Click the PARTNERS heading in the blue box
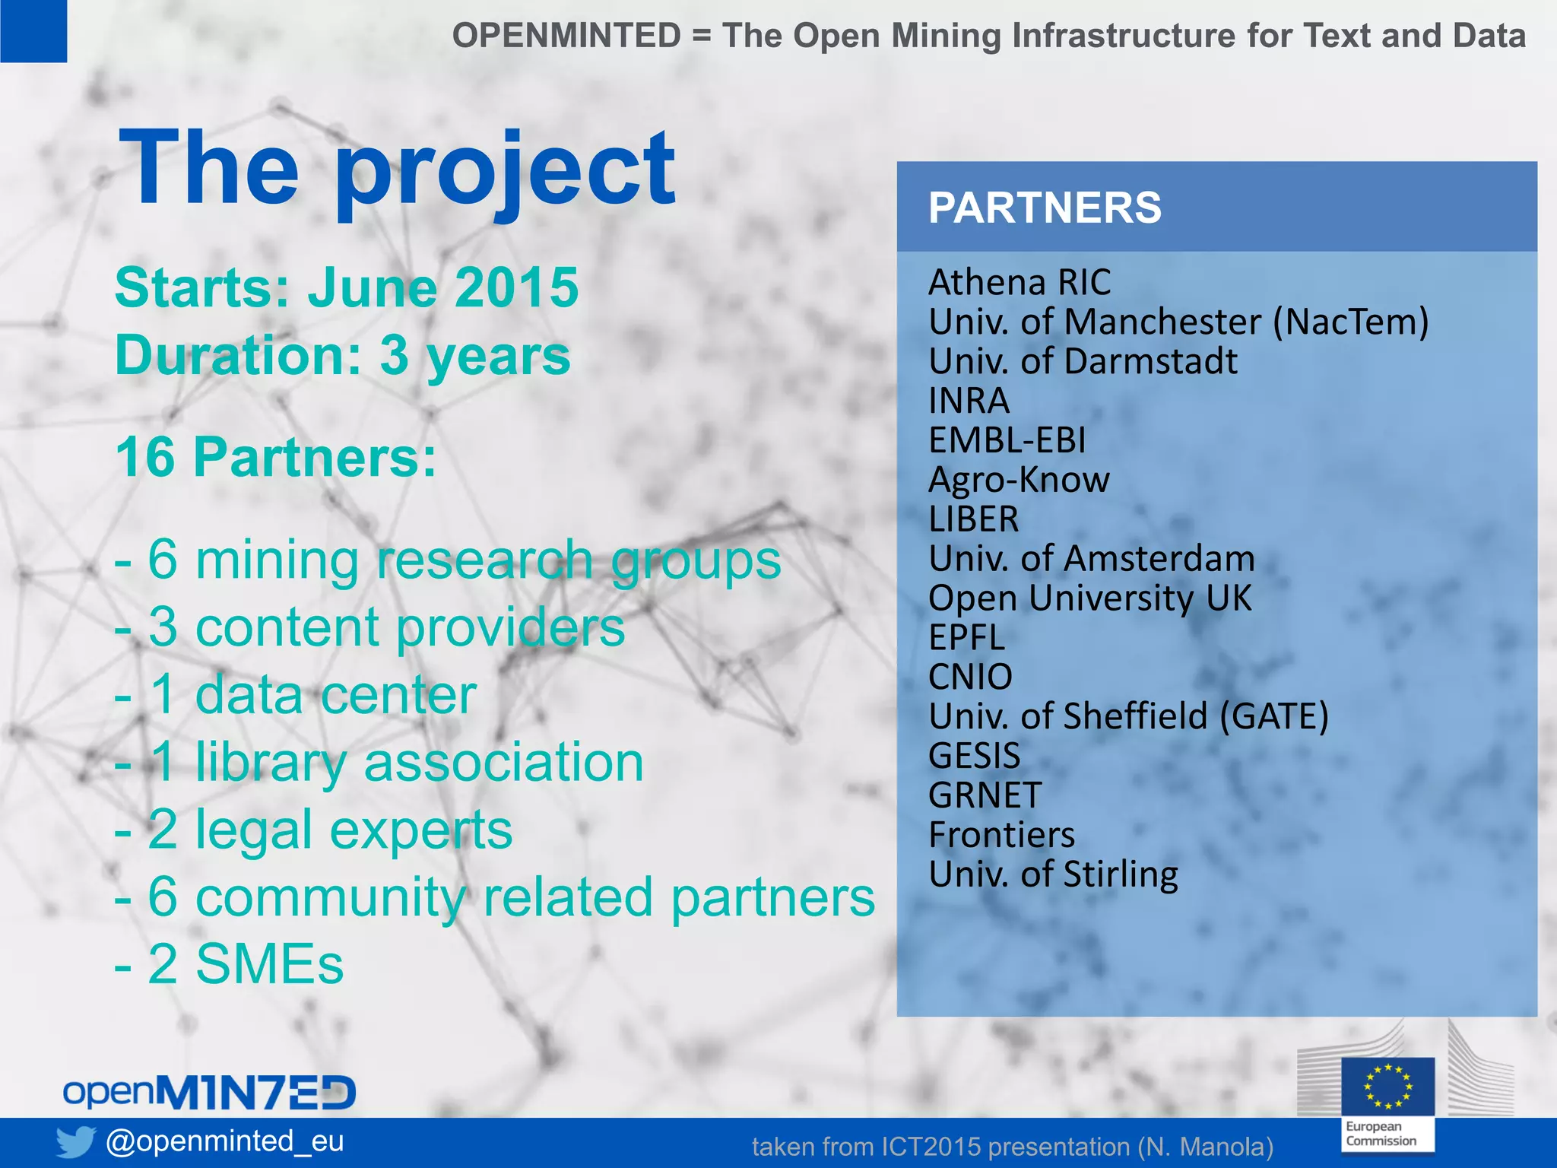pos(1045,208)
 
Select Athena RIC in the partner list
pos(1019,283)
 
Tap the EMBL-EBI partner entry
pos(1007,440)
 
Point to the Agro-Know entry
pos(1019,480)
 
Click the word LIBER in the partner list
pos(973,519)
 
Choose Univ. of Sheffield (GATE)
pos(1128,716)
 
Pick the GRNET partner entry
pos(985,795)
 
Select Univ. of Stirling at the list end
pos(1053,874)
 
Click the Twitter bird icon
pos(75,1141)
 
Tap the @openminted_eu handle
pos(225,1141)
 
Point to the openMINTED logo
pos(209,1093)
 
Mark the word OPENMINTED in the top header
pos(566,36)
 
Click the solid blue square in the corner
pos(33,30)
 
